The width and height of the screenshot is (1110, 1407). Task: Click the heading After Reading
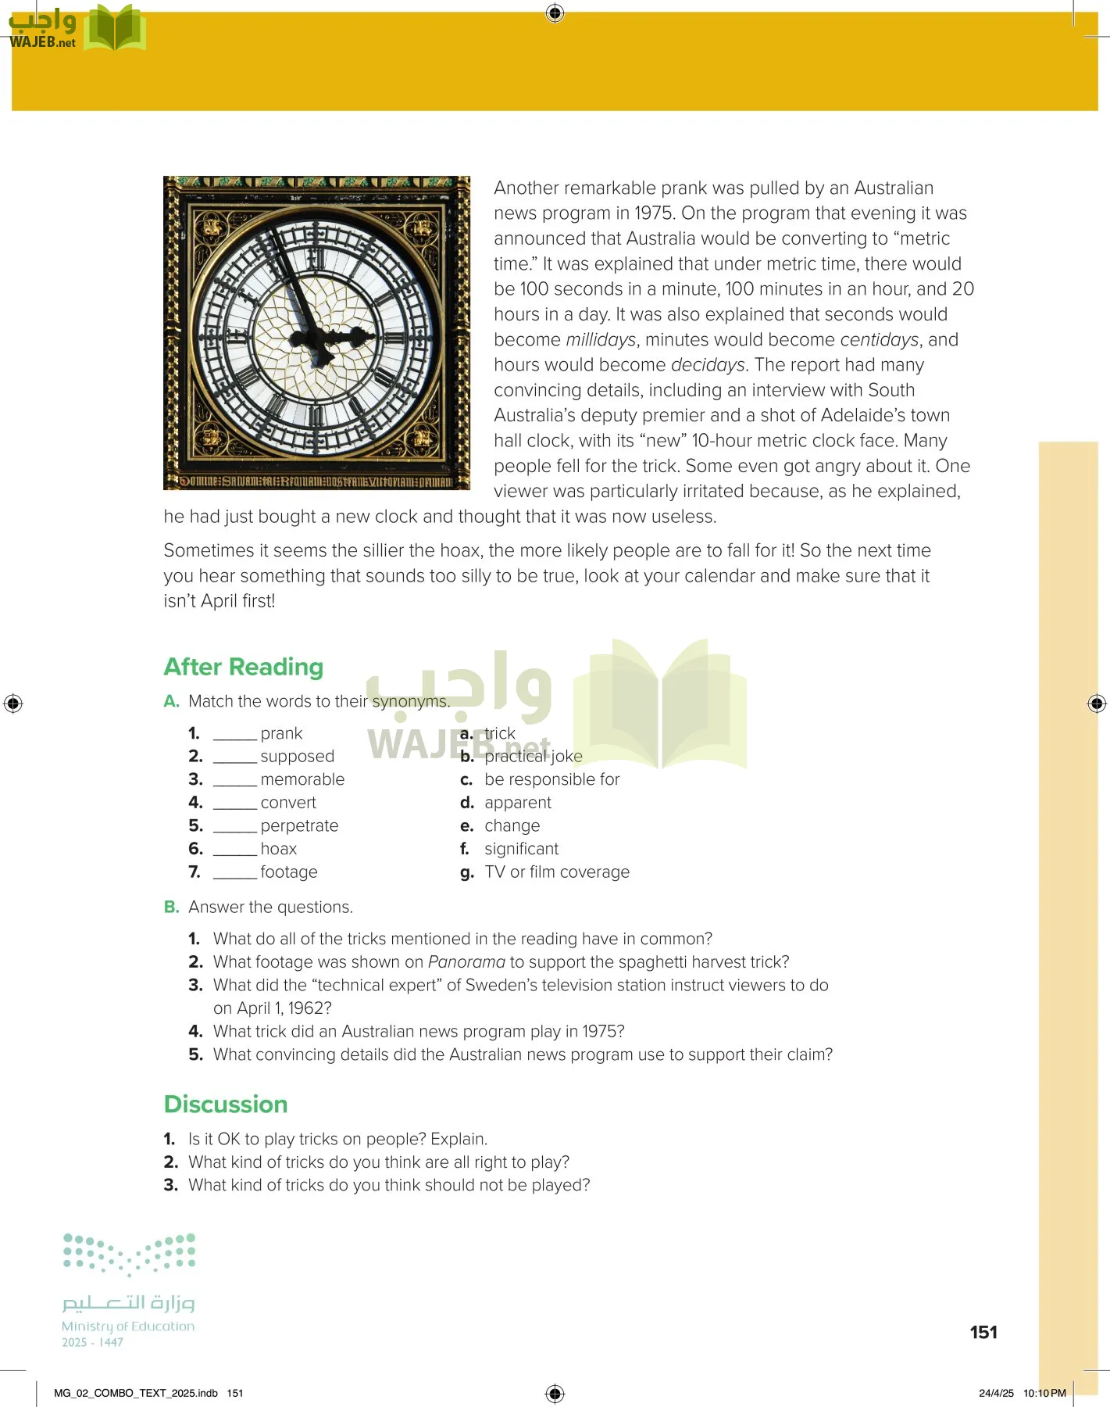(x=243, y=667)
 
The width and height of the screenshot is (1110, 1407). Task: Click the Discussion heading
(x=226, y=1104)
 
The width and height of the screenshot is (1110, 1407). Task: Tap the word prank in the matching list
(x=281, y=733)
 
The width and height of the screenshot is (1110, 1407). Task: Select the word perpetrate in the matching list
(x=299, y=825)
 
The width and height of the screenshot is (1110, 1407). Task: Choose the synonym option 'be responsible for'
(x=551, y=779)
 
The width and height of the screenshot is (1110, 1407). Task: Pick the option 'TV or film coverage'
(x=556, y=872)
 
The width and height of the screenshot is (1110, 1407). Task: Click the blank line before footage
(x=234, y=873)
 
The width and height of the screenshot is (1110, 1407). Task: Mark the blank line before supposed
(x=234, y=757)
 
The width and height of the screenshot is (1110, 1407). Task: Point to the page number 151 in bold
(x=983, y=1332)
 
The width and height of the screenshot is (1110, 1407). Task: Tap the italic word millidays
(x=600, y=340)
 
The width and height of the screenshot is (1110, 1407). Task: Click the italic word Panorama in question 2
(x=466, y=961)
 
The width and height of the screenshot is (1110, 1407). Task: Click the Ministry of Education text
(x=128, y=1326)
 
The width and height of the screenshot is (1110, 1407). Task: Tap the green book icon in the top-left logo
(x=115, y=30)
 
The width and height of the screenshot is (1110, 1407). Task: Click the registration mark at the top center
(x=555, y=13)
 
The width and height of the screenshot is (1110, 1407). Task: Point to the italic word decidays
(x=708, y=365)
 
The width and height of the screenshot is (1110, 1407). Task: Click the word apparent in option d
(x=517, y=803)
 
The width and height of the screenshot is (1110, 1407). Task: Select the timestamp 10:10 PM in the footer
(x=1044, y=1393)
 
